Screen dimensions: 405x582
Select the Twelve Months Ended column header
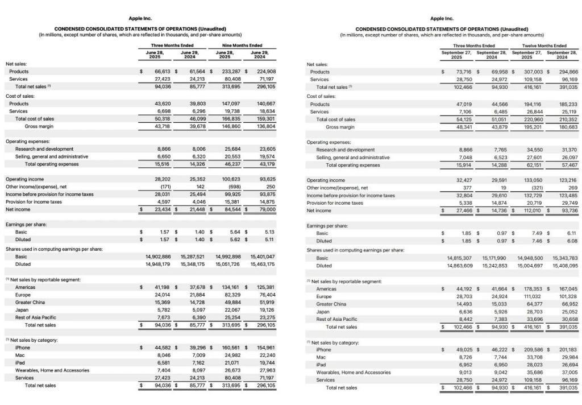tap(544, 46)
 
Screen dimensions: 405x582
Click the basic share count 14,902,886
tap(155, 257)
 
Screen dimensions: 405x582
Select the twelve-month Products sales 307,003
tap(530, 72)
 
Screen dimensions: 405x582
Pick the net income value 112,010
tap(530, 210)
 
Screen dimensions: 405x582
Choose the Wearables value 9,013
tap(463, 373)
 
